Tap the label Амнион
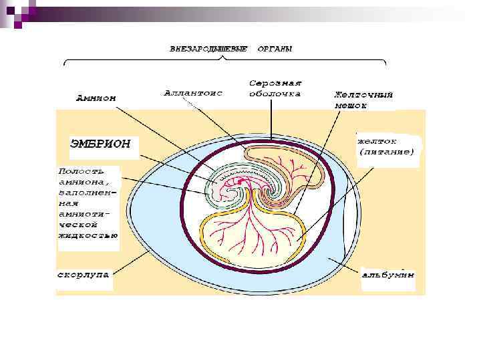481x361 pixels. tap(96, 98)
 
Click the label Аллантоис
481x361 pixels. tap(193, 92)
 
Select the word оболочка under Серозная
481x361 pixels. tap(275, 94)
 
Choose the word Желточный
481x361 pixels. tap(363, 94)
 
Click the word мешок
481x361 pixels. tap(351, 105)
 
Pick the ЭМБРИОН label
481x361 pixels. tap(101, 144)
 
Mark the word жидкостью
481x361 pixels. tap(88, 235)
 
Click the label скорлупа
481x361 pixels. tap(82, 274)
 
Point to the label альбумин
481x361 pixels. tap(387, 274)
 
